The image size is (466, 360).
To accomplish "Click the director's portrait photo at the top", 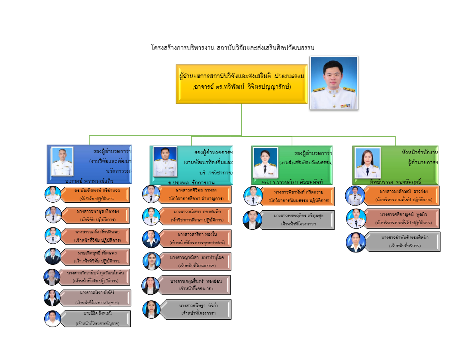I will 334,82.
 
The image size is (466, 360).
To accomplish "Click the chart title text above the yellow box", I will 233,48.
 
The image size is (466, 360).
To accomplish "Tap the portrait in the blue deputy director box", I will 62,161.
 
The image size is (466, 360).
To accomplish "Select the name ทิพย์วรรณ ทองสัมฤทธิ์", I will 395,181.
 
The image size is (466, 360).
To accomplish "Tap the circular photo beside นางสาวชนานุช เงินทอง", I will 53,215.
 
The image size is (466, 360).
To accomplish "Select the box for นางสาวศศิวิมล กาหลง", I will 195,194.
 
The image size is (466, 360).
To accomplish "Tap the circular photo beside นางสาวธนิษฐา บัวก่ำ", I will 151,309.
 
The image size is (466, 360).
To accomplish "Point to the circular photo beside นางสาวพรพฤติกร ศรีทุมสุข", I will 252,220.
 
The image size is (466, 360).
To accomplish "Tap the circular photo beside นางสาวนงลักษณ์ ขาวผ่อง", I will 354,196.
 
